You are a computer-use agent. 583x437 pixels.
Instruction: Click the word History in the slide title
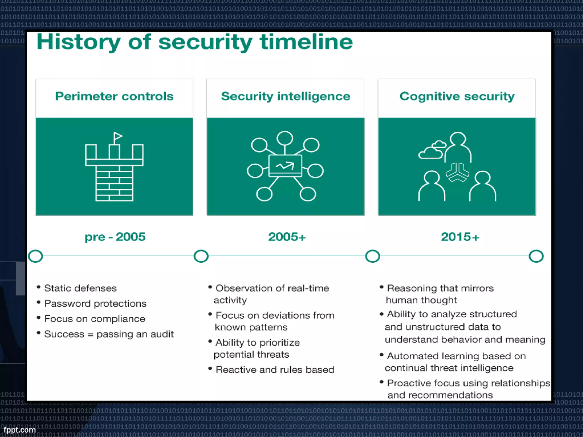pyautogui.click(x=79, y=42)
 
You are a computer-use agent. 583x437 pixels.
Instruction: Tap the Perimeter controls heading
pyautogui.click(x=114, y=96)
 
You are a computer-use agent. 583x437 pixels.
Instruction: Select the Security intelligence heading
pyautogui.click(x=286, y=96)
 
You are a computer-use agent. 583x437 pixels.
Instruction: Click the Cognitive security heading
pyautogui.click(x=457, y=96)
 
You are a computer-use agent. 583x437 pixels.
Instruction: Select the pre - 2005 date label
pyautogui.click(x=115, y=237)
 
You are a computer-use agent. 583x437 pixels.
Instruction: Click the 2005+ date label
pyautogui.click(x=287, y=237)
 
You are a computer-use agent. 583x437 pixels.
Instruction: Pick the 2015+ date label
pyautogui.click(x=460, y=237)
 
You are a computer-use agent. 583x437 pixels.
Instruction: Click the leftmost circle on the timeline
pyautogui.click(x=36, y=256)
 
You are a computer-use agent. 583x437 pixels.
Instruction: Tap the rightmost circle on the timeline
pyautogui.click(x=536, y=256)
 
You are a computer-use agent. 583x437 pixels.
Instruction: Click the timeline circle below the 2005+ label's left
pyautogui.click(x=201, y=256)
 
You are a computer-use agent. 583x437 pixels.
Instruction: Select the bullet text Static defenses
pyautogui.click(x=80, y=288)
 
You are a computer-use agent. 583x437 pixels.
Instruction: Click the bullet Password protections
pyautogui.click(x=95, y=304)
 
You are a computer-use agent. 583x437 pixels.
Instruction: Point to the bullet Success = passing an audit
pyautogui.click(x=109, y=334)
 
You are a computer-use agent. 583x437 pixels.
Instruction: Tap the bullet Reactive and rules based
pyautogui.click(x=275, y=370)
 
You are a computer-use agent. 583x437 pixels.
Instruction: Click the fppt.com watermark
pyautogui.click(x=19, y=430)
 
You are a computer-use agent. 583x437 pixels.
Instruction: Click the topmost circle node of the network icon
pyautogui.click(x=285, y=138)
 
